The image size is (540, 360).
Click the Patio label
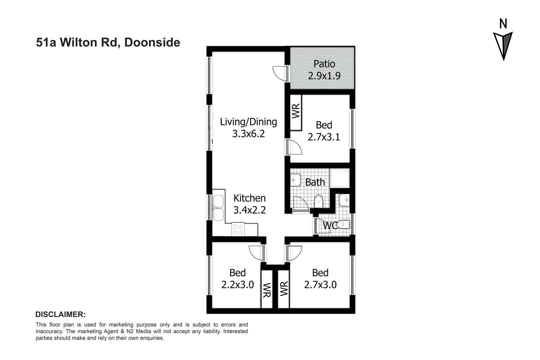(x=324, y=64)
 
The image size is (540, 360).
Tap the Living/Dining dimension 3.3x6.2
(x=248, y=134)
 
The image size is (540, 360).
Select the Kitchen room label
(x=249, y=198)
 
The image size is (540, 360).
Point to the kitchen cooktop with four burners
(x=238, y=229)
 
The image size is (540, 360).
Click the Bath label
(x=315, y=182)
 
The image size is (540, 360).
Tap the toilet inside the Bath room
(x=319, y=201)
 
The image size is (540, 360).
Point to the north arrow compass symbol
(x=503, y=45)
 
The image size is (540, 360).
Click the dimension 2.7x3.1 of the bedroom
(x=324, y=137)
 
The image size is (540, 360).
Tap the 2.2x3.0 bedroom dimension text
(x=237, y=285)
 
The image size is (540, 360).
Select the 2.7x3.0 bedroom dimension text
(x=320, y=285)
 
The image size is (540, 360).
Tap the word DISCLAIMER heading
(x=60, y=314)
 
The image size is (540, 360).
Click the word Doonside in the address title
(x=152, y=43)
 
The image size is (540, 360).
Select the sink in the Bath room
(x=296, y=180)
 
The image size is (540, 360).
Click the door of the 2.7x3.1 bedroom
(x=295, y=147)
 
